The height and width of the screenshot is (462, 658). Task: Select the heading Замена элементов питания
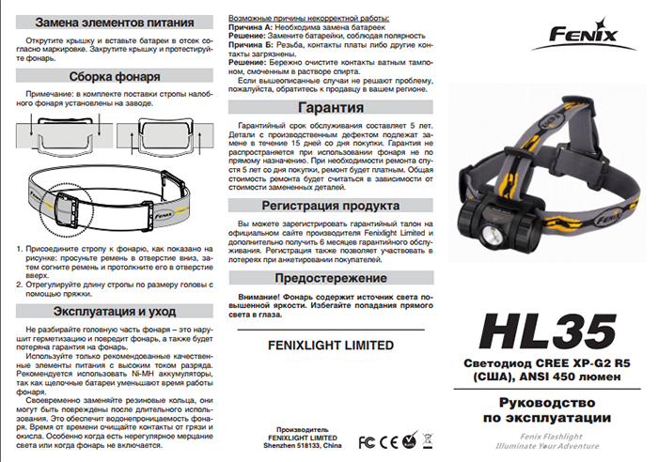coord(111,22)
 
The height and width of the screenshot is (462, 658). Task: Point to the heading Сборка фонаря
coord(111,76)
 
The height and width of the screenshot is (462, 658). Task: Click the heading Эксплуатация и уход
coord(111,311)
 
